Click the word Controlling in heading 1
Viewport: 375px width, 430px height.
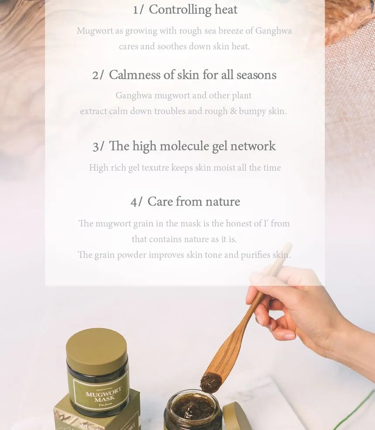[180, 10]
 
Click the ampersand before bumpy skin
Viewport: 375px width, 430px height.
[233, 111]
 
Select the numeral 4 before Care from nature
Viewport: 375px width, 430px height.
[134, 203]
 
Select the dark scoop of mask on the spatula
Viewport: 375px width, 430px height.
[211, 382]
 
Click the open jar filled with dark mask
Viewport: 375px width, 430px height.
[193, 410]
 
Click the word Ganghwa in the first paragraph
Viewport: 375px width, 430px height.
[273, 31]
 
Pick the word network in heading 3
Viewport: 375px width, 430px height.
[253, 146]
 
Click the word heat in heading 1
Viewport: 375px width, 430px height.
[226, 10]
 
